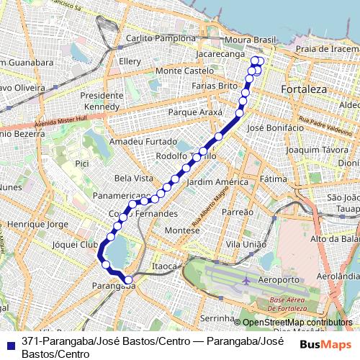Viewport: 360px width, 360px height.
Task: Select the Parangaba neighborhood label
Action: (x=114, y=286)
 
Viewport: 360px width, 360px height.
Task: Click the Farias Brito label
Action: (x=215, y=85)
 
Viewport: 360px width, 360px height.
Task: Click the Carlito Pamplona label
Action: (x=160, y=37)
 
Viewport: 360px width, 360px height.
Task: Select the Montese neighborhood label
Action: (x=181, y=230)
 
